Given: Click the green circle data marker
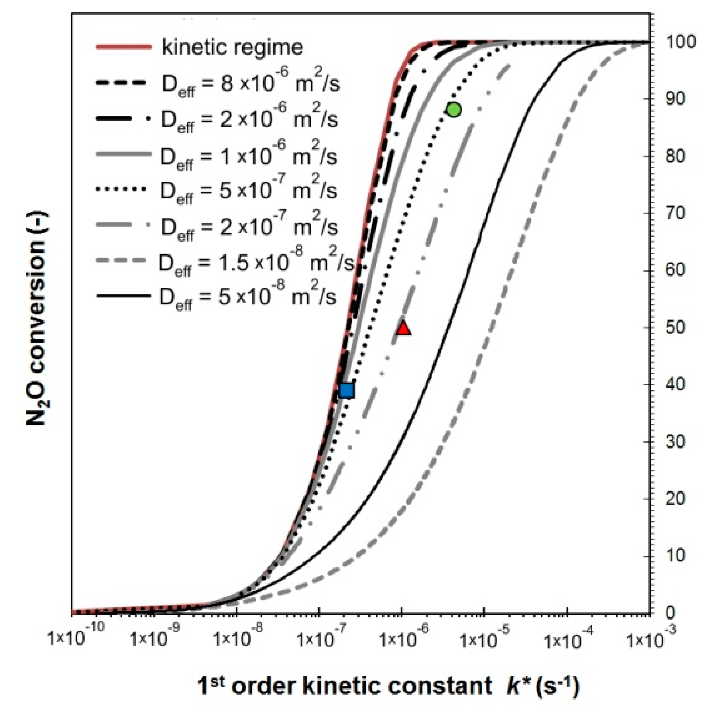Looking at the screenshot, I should tap(454, 110).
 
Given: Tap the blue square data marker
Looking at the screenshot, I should tap(347, 390).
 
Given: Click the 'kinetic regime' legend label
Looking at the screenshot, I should tap(233, 47).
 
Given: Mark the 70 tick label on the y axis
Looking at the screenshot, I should tap(676, 214).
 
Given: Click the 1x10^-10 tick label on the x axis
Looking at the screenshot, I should tap(76, 639).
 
